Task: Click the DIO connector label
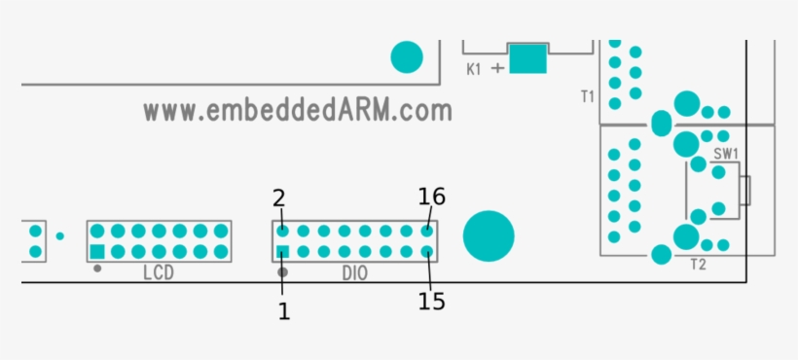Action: coord(355,273)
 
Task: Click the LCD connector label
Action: coord(158,273)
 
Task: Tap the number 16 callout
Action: coord(432,197)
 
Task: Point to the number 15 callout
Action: coord(432,302)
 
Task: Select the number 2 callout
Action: coord(279,198)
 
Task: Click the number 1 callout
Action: coord(283,311)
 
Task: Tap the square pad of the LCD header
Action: coord(97,252)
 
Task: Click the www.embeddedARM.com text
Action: coord(298,110)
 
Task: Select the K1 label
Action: coord(474,69)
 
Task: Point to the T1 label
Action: coord(587,96)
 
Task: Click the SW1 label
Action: coord(726,154)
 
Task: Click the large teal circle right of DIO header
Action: coord(488,236)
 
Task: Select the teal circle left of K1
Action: coord(407,57)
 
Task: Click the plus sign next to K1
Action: coord(498,68)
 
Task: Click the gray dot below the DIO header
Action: coord(283,270)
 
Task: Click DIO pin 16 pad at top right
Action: coord(426,232)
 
